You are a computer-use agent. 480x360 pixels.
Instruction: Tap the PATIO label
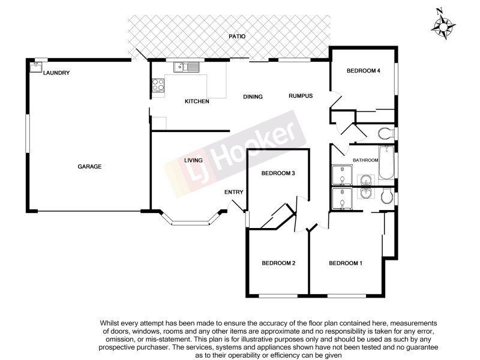coord(238,37)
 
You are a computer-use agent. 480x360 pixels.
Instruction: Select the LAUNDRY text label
coord(57,73)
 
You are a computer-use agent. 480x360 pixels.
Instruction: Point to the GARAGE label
coord(89,167)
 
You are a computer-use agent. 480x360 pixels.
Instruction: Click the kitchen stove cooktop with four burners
coord(158,86)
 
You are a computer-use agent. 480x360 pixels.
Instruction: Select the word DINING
coord(253,96)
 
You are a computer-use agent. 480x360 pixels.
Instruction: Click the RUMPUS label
coord(301,95)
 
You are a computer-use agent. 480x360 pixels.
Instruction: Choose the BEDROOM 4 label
coord(364,71)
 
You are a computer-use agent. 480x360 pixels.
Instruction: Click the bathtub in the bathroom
coord(386,163)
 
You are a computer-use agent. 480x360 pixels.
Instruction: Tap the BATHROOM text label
coord(365,160)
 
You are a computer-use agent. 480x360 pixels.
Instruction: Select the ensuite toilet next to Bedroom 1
coord(387,196)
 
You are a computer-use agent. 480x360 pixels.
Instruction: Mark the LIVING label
coord(193,160)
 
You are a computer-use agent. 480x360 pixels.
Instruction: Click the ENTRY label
coord(234,192)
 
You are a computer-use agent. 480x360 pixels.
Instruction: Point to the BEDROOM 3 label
coord(277,173)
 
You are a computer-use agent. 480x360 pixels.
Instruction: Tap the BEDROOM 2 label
coord(278,263)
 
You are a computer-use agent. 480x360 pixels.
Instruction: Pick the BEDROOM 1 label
coord(346,263)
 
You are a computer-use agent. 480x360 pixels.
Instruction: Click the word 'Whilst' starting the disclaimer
coord(113,323)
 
